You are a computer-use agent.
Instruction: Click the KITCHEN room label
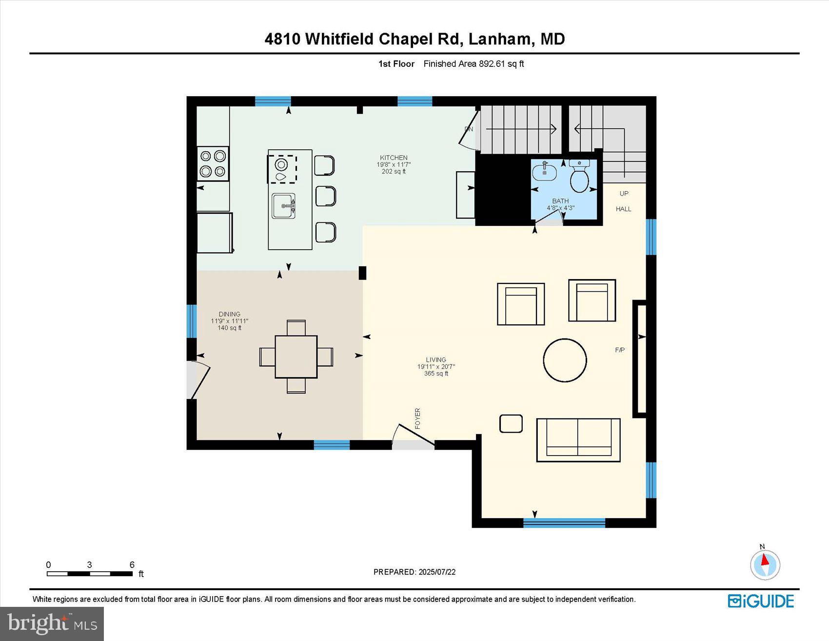394,158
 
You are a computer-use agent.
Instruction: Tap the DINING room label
229,314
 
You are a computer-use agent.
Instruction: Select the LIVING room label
435,360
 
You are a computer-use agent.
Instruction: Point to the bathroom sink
544,172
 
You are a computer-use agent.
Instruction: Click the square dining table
296,357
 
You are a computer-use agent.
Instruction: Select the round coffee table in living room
565,360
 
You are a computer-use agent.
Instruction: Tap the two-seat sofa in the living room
578,440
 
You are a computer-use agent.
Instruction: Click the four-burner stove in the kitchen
213,163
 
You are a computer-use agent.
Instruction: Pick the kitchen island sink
283,206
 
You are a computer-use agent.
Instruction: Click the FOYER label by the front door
417,419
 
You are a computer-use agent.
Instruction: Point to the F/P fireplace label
620,350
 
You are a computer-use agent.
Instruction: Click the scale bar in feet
90,574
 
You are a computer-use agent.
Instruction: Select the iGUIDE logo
761,601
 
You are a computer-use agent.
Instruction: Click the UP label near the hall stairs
624,194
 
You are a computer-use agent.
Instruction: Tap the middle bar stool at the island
325,196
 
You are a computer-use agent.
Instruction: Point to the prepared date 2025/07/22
437,572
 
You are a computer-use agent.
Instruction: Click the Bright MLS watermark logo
52,623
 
